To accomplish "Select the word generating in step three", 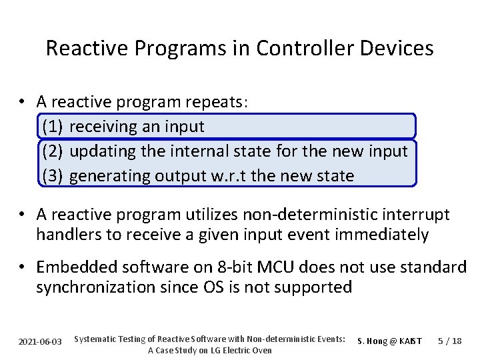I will click(x=109, y=176).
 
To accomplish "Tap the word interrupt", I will click(x=417, y=215).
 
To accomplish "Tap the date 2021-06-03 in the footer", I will click(x=40, y=341).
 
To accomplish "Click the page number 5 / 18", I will click(x=450, y=341).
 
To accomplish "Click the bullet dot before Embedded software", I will click(x=22, y=267).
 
